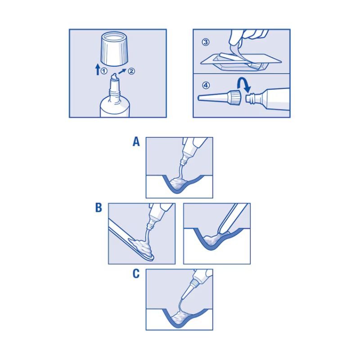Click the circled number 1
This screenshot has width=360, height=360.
(104, 71)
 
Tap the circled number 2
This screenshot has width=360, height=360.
(131, 71)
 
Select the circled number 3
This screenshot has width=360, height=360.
(206, 42)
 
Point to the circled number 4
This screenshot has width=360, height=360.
(206, 85)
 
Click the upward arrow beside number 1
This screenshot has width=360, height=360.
(98, 70)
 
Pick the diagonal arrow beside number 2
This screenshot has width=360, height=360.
(122, 72)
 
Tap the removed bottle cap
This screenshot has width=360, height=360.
(115, 49)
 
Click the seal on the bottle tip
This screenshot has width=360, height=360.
(115, 77)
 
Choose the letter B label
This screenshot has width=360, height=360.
(99, 207)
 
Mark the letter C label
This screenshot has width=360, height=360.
(136, 274)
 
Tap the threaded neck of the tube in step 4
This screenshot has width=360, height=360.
(251, 98)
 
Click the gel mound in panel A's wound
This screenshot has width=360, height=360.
(177, 184)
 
